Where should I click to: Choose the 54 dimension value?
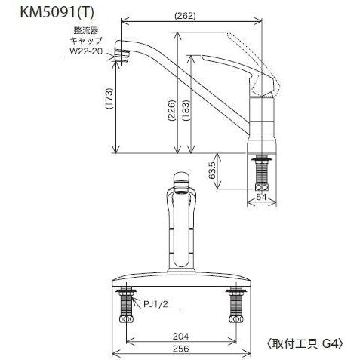pos(262,198)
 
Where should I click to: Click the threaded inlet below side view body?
pos(262,174)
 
